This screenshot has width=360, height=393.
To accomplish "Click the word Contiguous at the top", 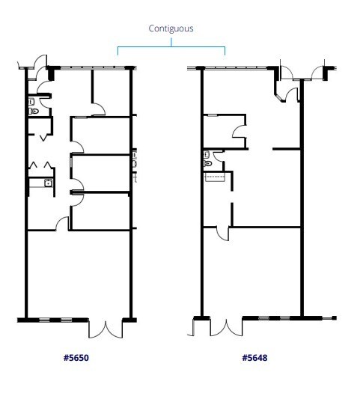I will tap(171, 28).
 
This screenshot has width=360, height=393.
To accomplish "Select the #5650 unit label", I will tap(76, 358).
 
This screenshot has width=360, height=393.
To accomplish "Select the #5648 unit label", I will tap(254, 358).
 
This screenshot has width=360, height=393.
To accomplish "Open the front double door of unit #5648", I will tap(221, 328).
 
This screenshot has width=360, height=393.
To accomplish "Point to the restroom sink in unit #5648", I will tap(207, 154).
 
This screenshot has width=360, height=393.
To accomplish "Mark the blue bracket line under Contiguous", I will tap(171, 48).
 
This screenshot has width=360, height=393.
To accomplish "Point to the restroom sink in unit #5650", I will tap(32, 101).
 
